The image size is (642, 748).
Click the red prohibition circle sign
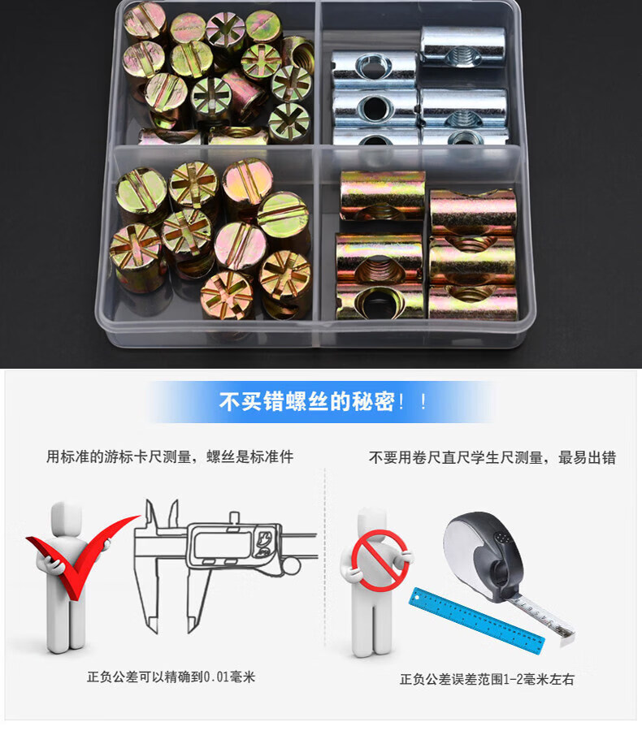click(x=380, y=560)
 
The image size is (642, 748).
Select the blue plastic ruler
click(x=477, y=621)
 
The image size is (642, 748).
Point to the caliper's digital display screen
click(x=223, y=545)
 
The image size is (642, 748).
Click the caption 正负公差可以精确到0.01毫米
click(x=171, y=677)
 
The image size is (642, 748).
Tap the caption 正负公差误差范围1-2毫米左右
click(x=487, y=679)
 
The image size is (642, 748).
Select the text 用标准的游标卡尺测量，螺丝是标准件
click(x=170, y=456)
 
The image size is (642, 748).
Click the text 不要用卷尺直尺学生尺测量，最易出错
click(x=492, y=457)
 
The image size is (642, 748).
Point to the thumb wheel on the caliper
click(x=291, y=566)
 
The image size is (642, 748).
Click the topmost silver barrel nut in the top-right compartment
click(x=462, y=45)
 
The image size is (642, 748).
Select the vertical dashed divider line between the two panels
click(x=325, y=557)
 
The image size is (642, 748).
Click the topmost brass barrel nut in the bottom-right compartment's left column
click(x=382, y=196)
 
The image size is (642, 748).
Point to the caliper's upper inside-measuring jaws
click(x=162, y=514)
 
